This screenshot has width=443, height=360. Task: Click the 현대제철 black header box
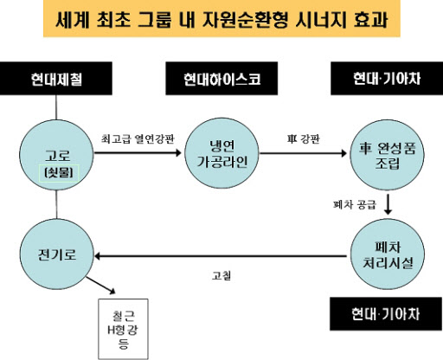click(56, 79)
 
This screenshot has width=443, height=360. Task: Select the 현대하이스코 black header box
click(221, 79)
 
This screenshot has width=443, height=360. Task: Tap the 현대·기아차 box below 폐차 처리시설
click(386, 314)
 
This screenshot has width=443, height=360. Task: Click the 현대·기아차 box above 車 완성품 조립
click(387, 79)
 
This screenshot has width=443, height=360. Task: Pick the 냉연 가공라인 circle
click(221, 153)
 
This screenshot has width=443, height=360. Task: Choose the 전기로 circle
click(57, 254)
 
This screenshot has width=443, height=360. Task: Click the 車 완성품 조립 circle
click(387, 155)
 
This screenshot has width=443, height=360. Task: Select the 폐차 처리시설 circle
click(388, 254)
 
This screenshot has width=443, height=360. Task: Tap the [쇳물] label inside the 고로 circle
click(59, 173)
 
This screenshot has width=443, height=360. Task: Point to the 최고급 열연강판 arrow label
click(138, 139)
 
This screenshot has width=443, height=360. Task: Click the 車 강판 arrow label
click(304, 139)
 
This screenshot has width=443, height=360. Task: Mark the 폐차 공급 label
click(355, 204)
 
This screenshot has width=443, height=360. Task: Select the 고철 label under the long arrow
click(221, 275)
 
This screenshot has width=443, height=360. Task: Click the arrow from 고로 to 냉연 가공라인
click(138, 152)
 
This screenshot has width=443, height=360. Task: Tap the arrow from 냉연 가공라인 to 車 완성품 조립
click(303, 153)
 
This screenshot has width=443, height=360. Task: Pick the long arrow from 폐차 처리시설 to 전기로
click(221, 256)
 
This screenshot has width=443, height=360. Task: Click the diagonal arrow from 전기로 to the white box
click(100, 286)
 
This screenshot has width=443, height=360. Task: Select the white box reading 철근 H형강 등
click(123, 329)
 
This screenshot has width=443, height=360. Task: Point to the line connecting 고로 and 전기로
click(56, 204)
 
